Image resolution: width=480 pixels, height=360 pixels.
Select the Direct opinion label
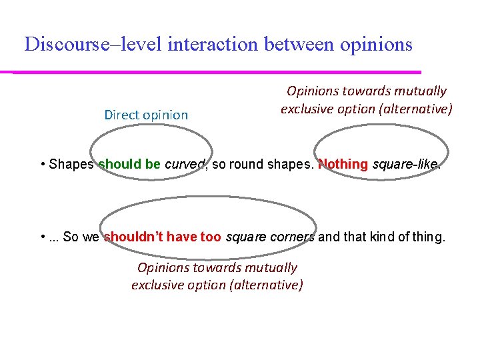[x=146, y=115]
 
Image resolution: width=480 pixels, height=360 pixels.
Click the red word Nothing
[x=343, y=165]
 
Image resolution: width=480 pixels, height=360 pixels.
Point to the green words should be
[x=129, y=165]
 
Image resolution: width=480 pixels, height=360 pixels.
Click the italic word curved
[x=184, y=165]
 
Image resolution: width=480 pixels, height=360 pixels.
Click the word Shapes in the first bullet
[x=71, y=165]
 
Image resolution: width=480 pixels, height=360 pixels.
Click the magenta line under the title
[x=213, y=71]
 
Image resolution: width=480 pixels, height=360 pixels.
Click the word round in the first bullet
[x=244, y=165]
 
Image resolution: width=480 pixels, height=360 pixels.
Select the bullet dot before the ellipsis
[x=43, y=237]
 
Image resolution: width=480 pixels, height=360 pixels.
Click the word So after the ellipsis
[x=70, y=237]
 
